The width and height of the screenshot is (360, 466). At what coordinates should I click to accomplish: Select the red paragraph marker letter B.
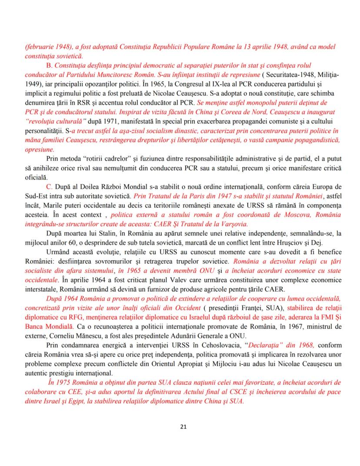pos(49,65)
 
